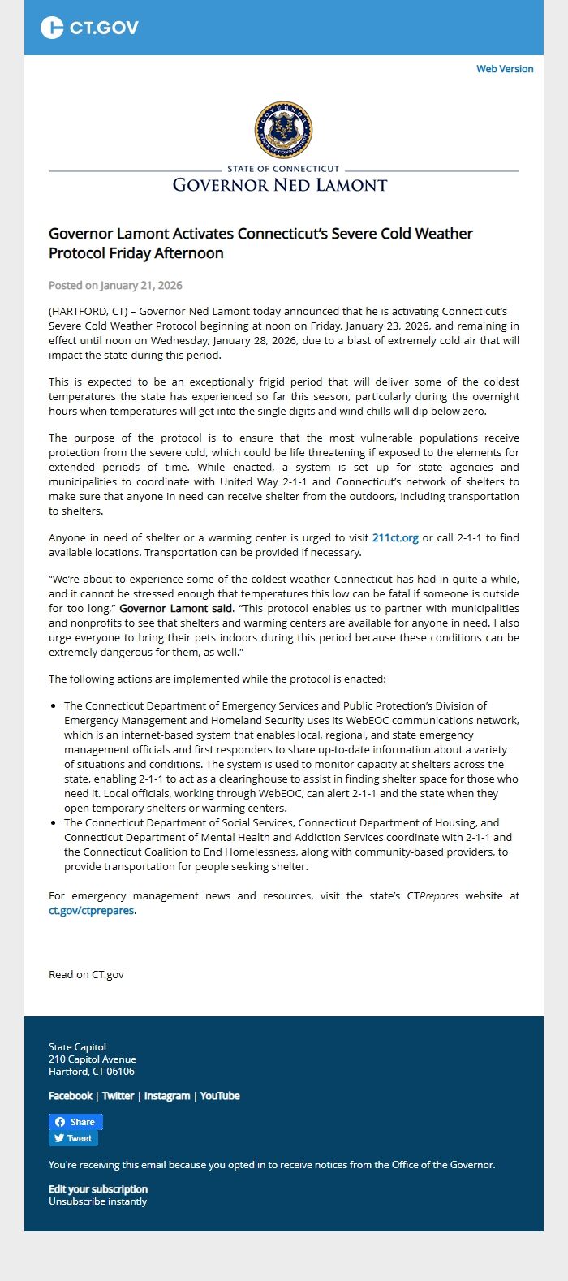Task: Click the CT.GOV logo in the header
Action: point(89,28)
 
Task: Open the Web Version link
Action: point(505,69)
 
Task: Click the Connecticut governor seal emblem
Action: point(283,130)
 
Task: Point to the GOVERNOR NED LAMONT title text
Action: point(280,185)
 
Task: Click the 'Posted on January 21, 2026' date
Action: point(115,285)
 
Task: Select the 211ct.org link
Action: point(395,537)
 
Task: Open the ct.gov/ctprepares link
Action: point(92,910)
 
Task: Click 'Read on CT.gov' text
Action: point(86,974)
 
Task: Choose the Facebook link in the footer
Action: point(71,1096)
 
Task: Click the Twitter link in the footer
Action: point(118,1096)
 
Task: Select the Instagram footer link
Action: point(166,1096)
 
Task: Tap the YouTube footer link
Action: point(220,1096)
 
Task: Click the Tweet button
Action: point(73,1138)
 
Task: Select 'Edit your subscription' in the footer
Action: point(98,1189)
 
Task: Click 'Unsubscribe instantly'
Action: point(97,1201)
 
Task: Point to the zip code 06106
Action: point(120,1072)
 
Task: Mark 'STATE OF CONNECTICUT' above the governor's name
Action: point(283,169)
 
